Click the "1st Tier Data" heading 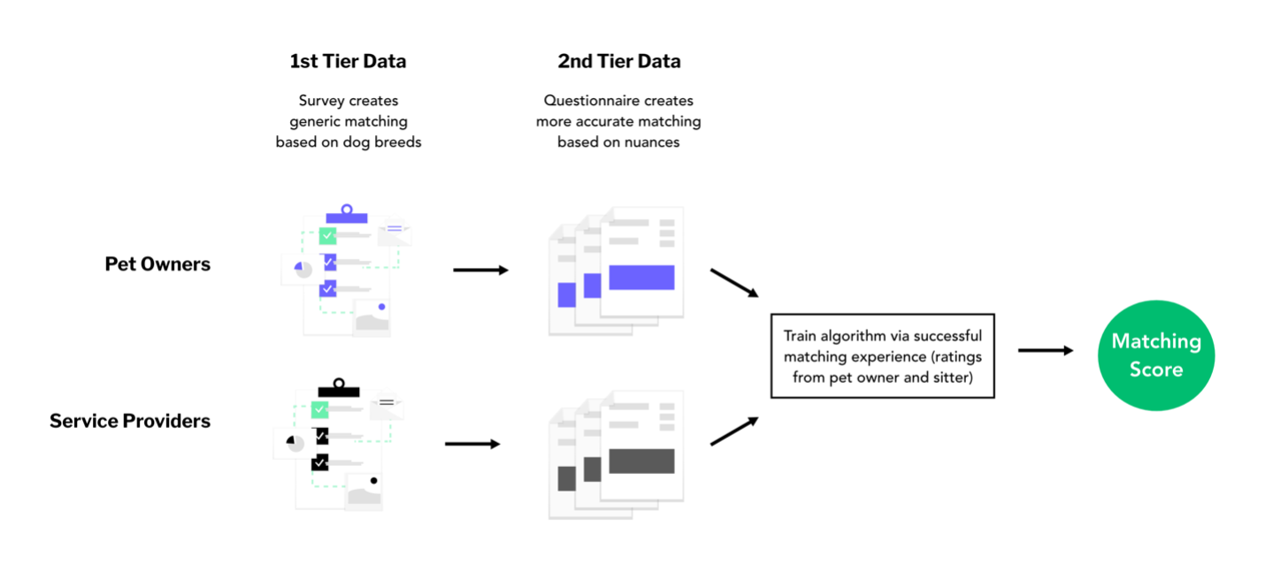(348, 62)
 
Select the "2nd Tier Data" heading (618, 62)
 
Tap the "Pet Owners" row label (157, 263)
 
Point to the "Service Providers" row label (130, 421)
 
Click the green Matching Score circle (1155, 355)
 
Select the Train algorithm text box (882, 355)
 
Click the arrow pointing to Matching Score (1045, 351)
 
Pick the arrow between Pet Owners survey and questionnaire (480, 270)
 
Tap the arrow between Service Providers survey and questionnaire (472, 444)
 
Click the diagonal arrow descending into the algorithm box (734, 283)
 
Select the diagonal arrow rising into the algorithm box (734, 431)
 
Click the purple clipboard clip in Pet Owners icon (347, 214)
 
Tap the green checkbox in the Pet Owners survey (327, 236)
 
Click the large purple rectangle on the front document (641, 278)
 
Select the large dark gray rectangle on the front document (641, 462)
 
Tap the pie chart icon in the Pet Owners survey (303, 268)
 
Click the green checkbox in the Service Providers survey (319, 409)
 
